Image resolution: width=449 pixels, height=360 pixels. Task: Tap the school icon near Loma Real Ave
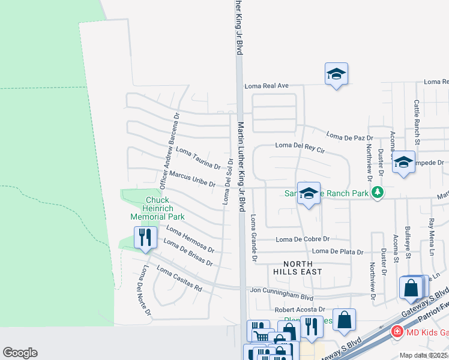pos(336,74)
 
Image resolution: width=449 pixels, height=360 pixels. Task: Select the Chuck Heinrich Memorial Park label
pos(157,208)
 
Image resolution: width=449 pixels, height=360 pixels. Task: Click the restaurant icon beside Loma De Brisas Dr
pos(145,238)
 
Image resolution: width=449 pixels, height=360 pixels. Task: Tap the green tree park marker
pos(377,193)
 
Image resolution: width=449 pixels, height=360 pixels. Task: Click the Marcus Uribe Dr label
pos(192,179)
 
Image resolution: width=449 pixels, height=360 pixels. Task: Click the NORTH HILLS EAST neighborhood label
pos(299,268)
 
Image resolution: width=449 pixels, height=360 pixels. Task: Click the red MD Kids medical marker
pos(396,331)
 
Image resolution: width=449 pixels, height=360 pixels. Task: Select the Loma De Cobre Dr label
pos(303,239)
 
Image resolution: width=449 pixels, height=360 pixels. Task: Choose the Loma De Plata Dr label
pos(338,251)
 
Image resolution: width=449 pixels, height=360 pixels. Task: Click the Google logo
pos(20,352)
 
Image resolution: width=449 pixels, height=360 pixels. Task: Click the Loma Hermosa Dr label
pos(190,239)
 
